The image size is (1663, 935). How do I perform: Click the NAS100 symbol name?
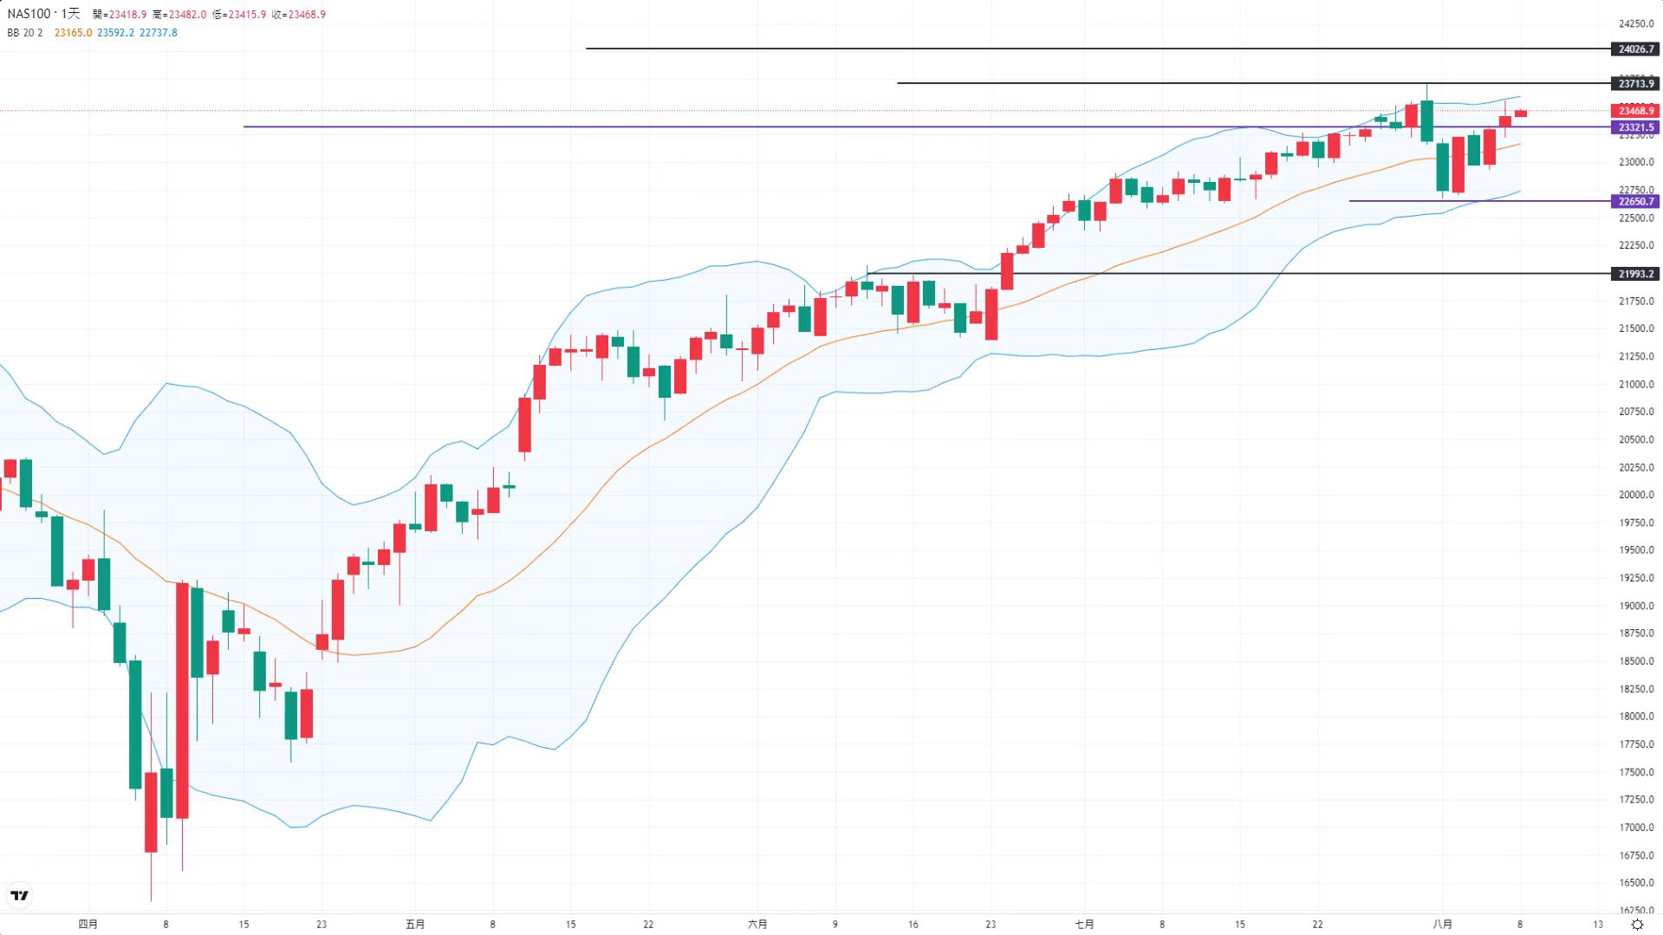[29, 14]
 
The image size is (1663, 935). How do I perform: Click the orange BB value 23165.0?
[73, 33]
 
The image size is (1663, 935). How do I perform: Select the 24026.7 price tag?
[1635, 49]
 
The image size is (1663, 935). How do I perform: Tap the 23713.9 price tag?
[1635, 83]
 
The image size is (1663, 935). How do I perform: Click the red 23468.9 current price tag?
[1635, 111]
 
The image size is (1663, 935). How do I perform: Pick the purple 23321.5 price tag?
[1635, 127]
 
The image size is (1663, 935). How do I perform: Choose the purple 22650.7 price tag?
[1635, 201]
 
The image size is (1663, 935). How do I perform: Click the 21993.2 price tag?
[1635, 274]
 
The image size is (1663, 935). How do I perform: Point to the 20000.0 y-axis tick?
[1636, 495]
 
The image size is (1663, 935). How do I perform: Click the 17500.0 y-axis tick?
[1636, 772]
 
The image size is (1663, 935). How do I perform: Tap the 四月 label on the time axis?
[88, 924]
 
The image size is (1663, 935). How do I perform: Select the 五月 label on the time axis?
[415, 924]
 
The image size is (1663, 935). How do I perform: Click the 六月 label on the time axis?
[757, 924]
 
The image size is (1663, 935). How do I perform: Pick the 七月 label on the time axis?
[1084, 924]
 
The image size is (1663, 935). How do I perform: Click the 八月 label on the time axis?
[1442, 924]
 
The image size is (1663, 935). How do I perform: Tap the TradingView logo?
[19, 895]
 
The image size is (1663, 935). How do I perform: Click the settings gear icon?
[1637, 925]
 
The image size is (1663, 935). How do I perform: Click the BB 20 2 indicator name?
[25, 33]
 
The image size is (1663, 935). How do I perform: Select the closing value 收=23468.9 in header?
[299, 15]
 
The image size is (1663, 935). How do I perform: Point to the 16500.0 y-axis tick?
[1636, 883]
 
